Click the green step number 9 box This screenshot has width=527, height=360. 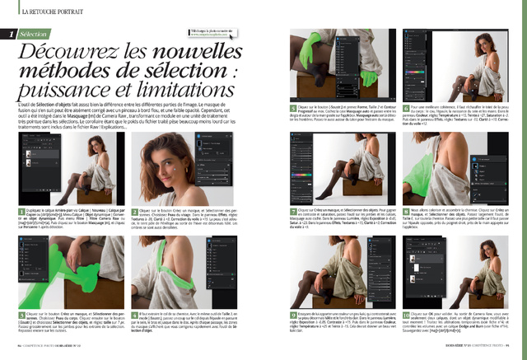293,316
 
